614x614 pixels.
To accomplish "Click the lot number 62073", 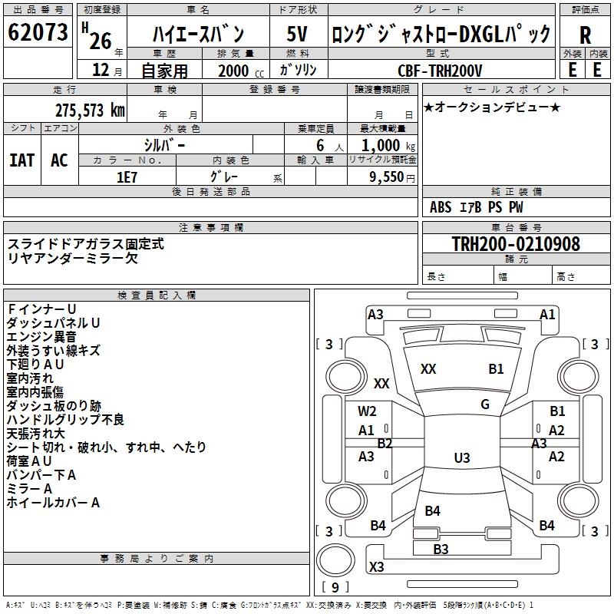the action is click(38, 33).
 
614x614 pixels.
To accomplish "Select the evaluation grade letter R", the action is click(585, 35).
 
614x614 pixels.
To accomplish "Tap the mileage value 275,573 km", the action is click(89, 111).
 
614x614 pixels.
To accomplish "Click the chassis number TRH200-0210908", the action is click(515, 244).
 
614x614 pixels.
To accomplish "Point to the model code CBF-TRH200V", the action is click(440, 71).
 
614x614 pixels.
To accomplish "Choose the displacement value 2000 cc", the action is click(235, 71).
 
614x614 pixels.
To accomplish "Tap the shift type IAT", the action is click(21, 160).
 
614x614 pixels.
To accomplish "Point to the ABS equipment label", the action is click(441, 207).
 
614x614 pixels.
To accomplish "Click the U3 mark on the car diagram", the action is click(461, 458).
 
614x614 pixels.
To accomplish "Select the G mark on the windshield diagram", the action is click(485, 404).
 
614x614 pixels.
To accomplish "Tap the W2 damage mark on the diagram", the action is click(367, 411).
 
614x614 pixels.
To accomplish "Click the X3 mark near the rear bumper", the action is click(376, 567).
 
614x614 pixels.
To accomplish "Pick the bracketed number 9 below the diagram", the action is click(335, 588).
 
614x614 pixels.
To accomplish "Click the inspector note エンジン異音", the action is click(41, 337).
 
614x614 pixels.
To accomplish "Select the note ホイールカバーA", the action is click(53, 503).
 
